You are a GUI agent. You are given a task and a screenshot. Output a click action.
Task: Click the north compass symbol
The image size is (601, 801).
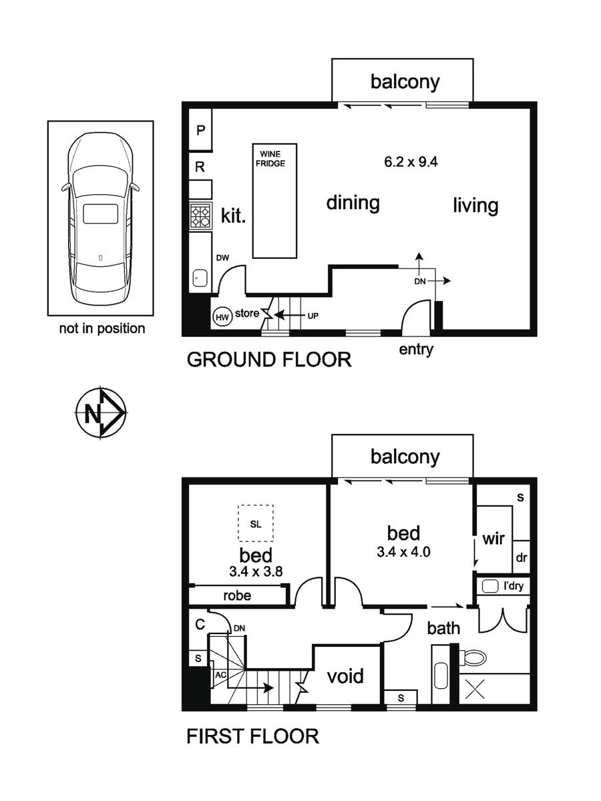point(101,413)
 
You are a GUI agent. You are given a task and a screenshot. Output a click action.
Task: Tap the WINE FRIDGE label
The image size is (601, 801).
point(270,159)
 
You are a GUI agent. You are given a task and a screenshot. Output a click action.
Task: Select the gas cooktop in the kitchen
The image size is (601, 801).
point(201,216)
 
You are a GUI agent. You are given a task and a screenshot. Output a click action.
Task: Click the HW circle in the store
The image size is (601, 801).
point(222,317)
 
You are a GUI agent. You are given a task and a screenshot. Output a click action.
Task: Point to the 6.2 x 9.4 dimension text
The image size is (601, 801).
point(411,162)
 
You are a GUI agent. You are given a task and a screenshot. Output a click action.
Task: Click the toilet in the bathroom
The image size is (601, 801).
point(473,658)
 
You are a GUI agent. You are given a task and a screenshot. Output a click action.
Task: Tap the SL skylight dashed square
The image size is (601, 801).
point(256,523)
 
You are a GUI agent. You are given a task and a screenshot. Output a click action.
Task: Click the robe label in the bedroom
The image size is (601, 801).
point(237,595)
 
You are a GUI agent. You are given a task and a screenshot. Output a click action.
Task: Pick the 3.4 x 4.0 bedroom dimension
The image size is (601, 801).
point(403,552)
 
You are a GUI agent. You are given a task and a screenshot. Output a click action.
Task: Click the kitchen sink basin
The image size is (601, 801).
point(200,279)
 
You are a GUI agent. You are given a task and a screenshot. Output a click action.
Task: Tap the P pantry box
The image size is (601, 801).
point(200,129)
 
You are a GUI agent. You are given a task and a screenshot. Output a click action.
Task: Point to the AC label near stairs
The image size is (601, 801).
point(220,675)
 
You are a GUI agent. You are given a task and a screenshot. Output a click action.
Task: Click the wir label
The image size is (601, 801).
point(493,539)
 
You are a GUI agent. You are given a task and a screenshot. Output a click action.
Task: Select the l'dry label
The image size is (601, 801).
point(514,587)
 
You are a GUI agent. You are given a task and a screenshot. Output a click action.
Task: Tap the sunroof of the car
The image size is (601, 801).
point(100,214)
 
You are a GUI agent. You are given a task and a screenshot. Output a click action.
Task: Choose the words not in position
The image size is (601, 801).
point(102,328)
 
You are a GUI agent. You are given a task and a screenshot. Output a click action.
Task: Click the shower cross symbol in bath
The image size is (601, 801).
point(475,689)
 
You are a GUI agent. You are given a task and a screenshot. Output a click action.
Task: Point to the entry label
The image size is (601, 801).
point(416,349)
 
